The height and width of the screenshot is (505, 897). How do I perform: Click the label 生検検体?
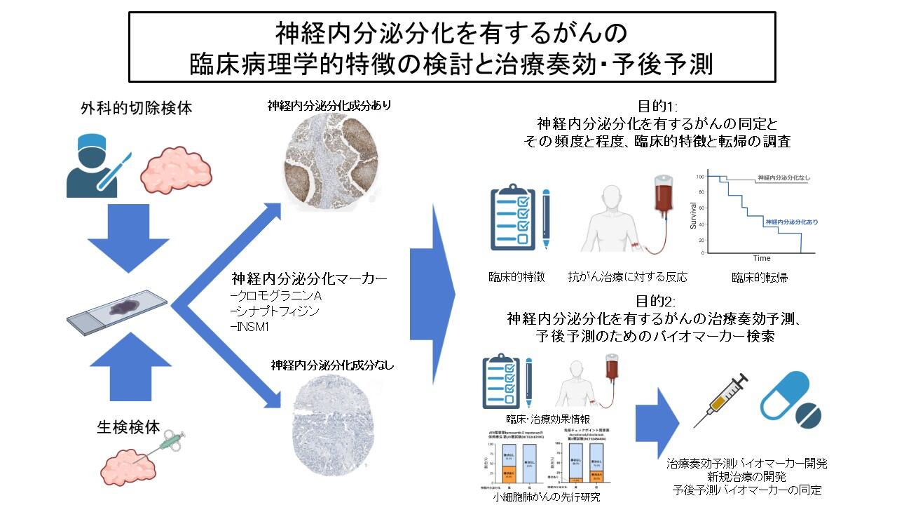point(129,426)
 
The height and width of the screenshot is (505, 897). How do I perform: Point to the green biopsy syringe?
point(169,441)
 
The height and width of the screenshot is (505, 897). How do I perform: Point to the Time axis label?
point(762,258)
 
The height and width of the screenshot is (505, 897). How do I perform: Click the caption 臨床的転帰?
point(760,277)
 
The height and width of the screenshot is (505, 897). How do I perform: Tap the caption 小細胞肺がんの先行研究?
point(545,497)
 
